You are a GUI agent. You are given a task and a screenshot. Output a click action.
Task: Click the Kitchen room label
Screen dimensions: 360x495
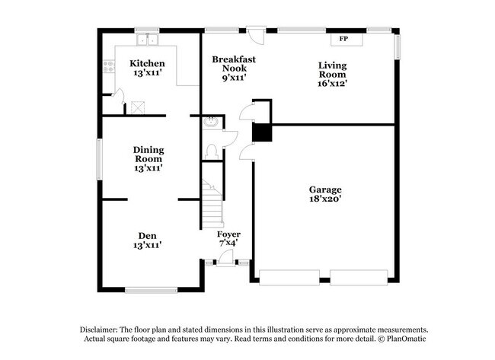click(x=147, y=63)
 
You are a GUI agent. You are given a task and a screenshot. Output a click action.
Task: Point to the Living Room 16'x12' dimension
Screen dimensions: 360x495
click(x=332, y=84)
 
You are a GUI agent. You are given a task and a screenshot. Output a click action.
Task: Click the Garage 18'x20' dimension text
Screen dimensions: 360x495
click(x=324, y=200)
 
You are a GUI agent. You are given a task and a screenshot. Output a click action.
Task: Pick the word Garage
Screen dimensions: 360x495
click(x=324, y=190)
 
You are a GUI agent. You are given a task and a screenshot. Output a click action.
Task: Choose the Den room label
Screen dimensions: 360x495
click(x=148, y=235)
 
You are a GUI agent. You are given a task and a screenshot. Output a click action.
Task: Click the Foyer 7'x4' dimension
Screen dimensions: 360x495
click(x=228, y=243)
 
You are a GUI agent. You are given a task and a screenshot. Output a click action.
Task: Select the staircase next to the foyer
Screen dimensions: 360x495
click(x=212, y=201)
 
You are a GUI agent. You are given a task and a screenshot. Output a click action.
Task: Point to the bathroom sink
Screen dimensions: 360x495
click(x=211, y=122)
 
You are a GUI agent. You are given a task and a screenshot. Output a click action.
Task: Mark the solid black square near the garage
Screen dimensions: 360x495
click(x=261, y=132)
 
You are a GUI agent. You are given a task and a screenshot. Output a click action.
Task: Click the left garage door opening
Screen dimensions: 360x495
click(x=289, y=277)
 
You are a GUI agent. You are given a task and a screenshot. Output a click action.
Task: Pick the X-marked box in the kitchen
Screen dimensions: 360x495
click(x=139, y=107)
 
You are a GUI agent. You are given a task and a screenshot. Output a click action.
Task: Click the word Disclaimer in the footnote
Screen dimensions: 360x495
click(x=105, y=329)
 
